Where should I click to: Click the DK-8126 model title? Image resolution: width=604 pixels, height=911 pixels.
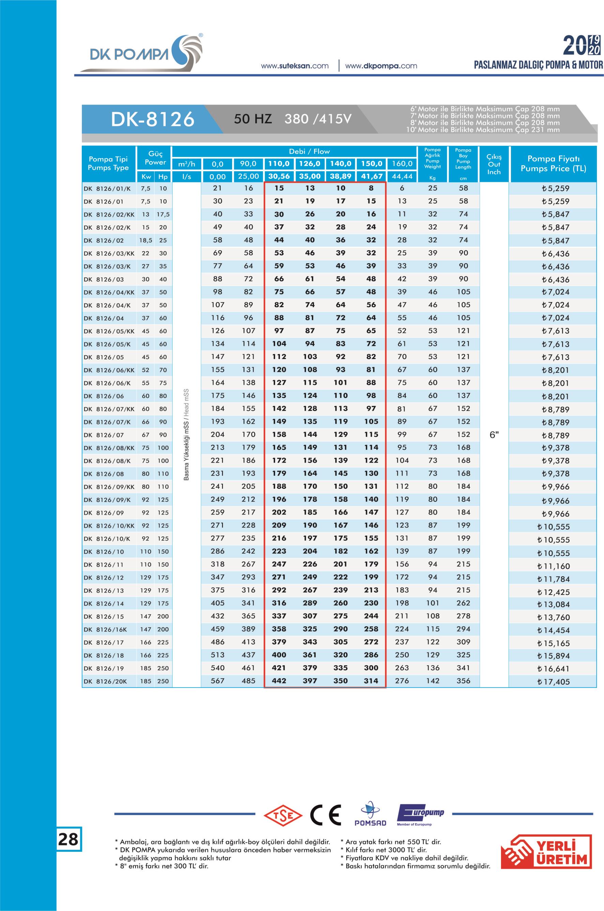click(x=153, y=119)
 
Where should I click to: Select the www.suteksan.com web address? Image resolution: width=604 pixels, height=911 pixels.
click(x=295, y=66)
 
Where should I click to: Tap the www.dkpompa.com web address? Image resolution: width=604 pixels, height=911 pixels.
click(x=381, y=66)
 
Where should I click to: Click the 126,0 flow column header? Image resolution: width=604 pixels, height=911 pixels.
click(x=310, y=163)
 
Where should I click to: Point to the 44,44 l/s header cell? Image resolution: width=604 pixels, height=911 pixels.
click(x=402, y=176)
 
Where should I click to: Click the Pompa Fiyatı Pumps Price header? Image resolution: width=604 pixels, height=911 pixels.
click(x=553, y=163)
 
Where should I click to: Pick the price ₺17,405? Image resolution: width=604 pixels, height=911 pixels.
click(x=553, y=681)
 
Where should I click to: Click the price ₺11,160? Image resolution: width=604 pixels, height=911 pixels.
click(x=553, y=566)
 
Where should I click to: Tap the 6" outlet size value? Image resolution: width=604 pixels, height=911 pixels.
click(x=494, y=435)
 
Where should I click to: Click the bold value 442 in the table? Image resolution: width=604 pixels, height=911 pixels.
click(x=279, y=681)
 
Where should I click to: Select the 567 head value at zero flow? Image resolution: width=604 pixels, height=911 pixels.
click(x=218, y=681)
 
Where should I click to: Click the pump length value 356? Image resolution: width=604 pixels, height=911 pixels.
click(x=464, y=681)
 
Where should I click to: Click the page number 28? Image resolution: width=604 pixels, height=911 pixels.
click(x=68, y=839)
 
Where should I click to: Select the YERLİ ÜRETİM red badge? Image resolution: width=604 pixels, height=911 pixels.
click(x=546, y=852)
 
